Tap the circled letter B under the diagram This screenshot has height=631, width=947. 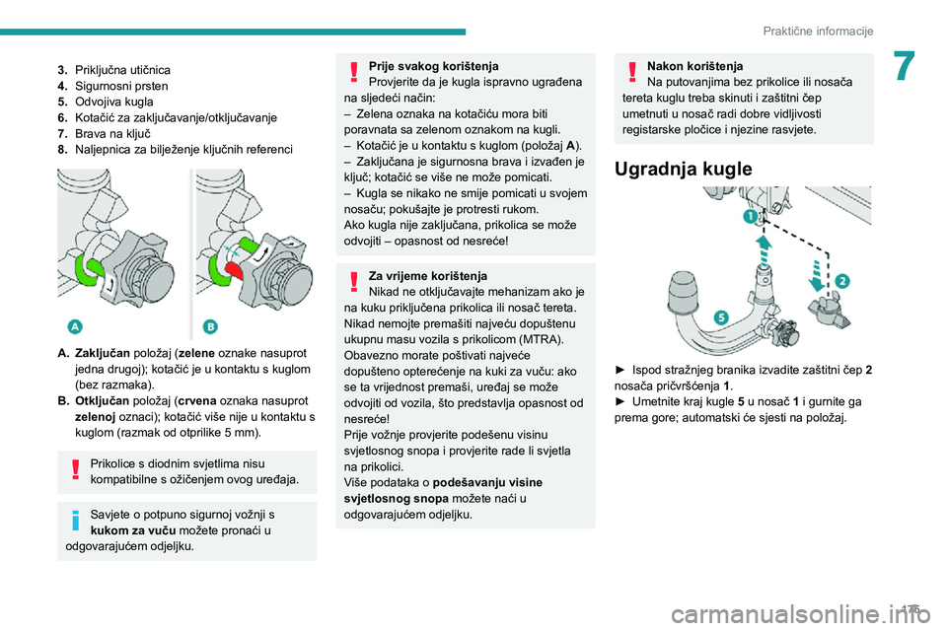click(x=210, y=327)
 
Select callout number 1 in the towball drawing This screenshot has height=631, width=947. click(x=750, y=214)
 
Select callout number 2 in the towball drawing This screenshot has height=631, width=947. click(x=841, y=279)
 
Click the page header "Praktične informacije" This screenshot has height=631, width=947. click(x=818, y=31)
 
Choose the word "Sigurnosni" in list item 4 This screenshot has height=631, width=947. click(x=104, y=86)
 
